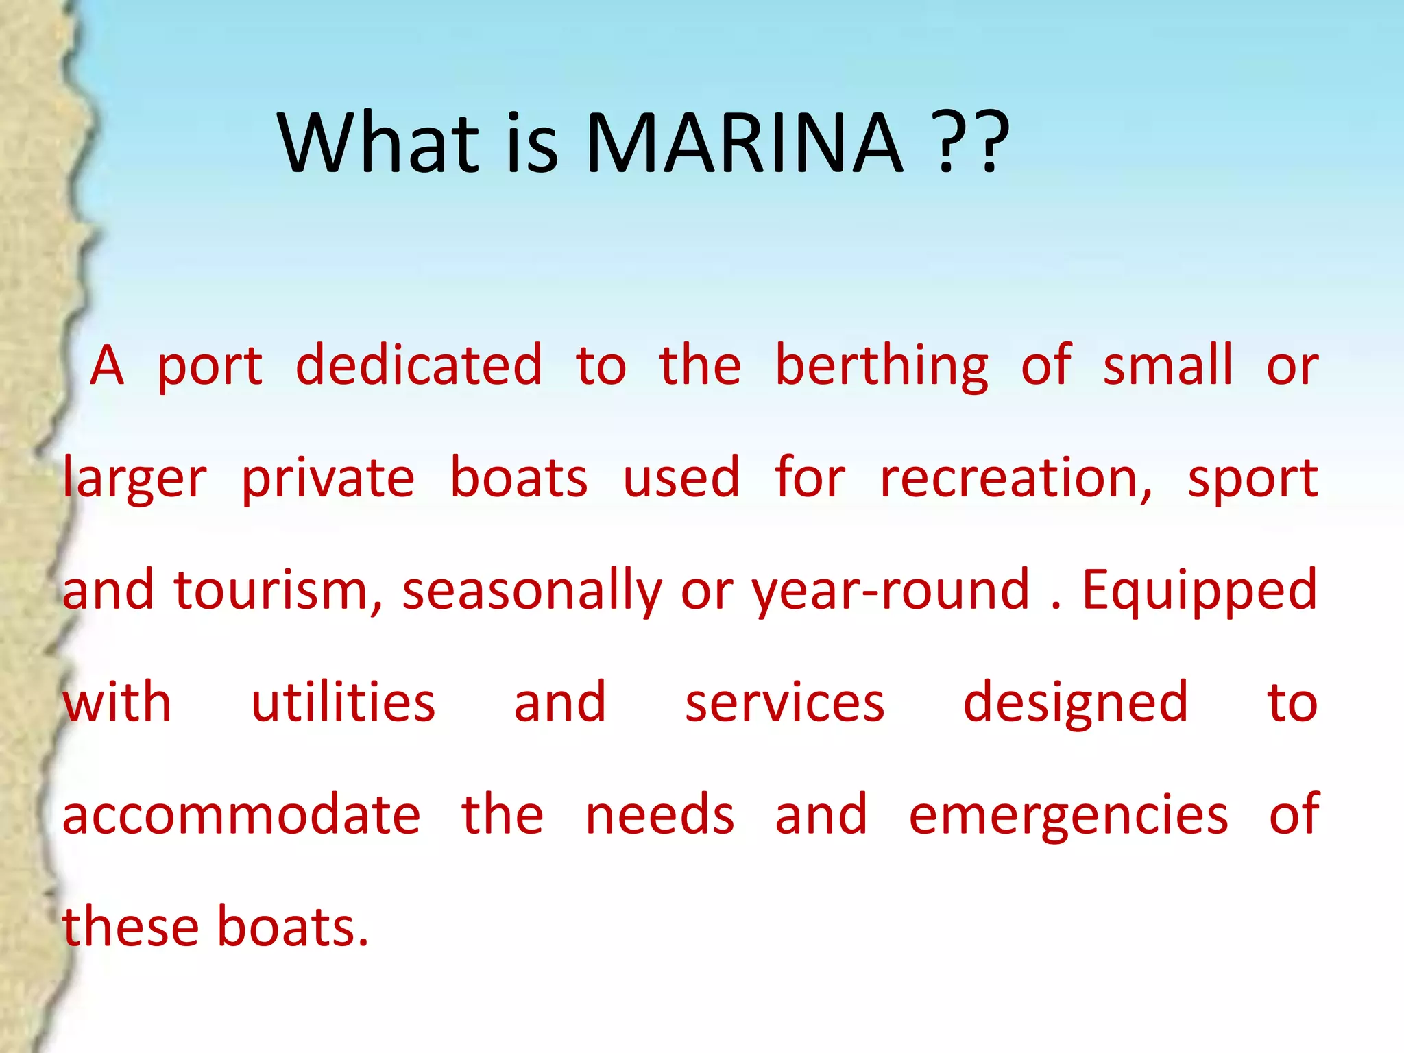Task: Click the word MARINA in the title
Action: [745, 144]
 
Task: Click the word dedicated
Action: [419, 365]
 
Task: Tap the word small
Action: [1167, 365]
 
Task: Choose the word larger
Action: [134, 479]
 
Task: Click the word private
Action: [328, 479]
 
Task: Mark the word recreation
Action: [1015, 479]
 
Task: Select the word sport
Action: [1252, 479]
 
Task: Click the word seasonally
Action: [531, 592]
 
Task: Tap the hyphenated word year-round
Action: [891, 592]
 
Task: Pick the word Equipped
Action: [1199, 592]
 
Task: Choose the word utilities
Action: [343, 703]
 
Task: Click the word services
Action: [785, 704]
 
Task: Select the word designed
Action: [1075, 704]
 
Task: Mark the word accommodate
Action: [241, 815]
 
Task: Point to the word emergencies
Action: [1068, 816]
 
